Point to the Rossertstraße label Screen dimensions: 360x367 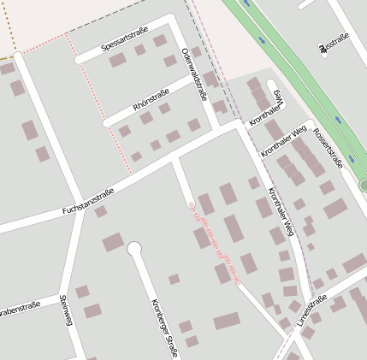[x=328, y=149]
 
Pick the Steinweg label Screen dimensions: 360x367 [x=65, y=310]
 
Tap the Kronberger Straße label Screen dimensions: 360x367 [x=163, y=328]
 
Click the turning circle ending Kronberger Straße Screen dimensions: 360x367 [x=134, y=249]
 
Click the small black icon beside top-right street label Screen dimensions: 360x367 [x=323, y=50]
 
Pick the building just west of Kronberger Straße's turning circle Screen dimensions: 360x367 [x=113, y=243]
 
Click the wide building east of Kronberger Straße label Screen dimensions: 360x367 [x=227, y=322]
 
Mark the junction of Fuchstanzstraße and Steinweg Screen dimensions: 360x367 [x=80, y=211]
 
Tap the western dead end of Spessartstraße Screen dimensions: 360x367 [x=80, y=60]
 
